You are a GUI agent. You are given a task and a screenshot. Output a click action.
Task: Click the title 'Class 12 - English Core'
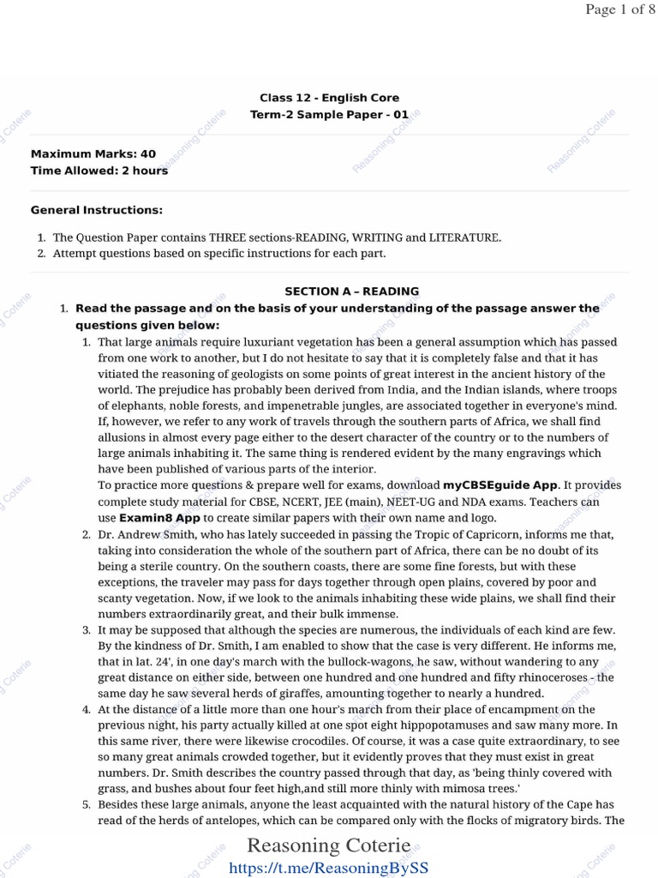point(329,98)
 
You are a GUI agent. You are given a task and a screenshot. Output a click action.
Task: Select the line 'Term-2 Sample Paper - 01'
point(329,114)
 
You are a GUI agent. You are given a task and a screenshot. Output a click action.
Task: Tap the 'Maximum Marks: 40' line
point(93,154)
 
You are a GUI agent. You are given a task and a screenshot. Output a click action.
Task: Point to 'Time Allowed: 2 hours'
point(99,171)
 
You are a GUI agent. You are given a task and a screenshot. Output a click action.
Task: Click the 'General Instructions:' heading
point(97,210)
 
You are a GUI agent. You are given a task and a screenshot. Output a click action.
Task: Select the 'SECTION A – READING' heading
point(352,292)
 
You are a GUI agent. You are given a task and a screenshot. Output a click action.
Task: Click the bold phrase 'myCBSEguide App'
point(500,485)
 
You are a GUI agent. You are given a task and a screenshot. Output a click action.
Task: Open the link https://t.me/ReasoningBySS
point(329,868)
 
